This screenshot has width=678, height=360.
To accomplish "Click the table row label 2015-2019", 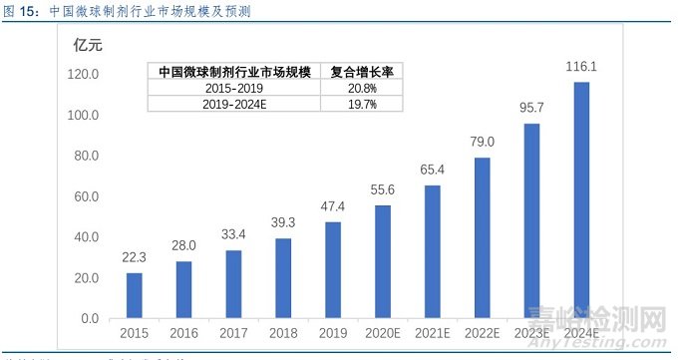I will tap(235, 89).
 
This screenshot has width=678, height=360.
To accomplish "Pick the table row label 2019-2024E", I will tap(235, 105).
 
